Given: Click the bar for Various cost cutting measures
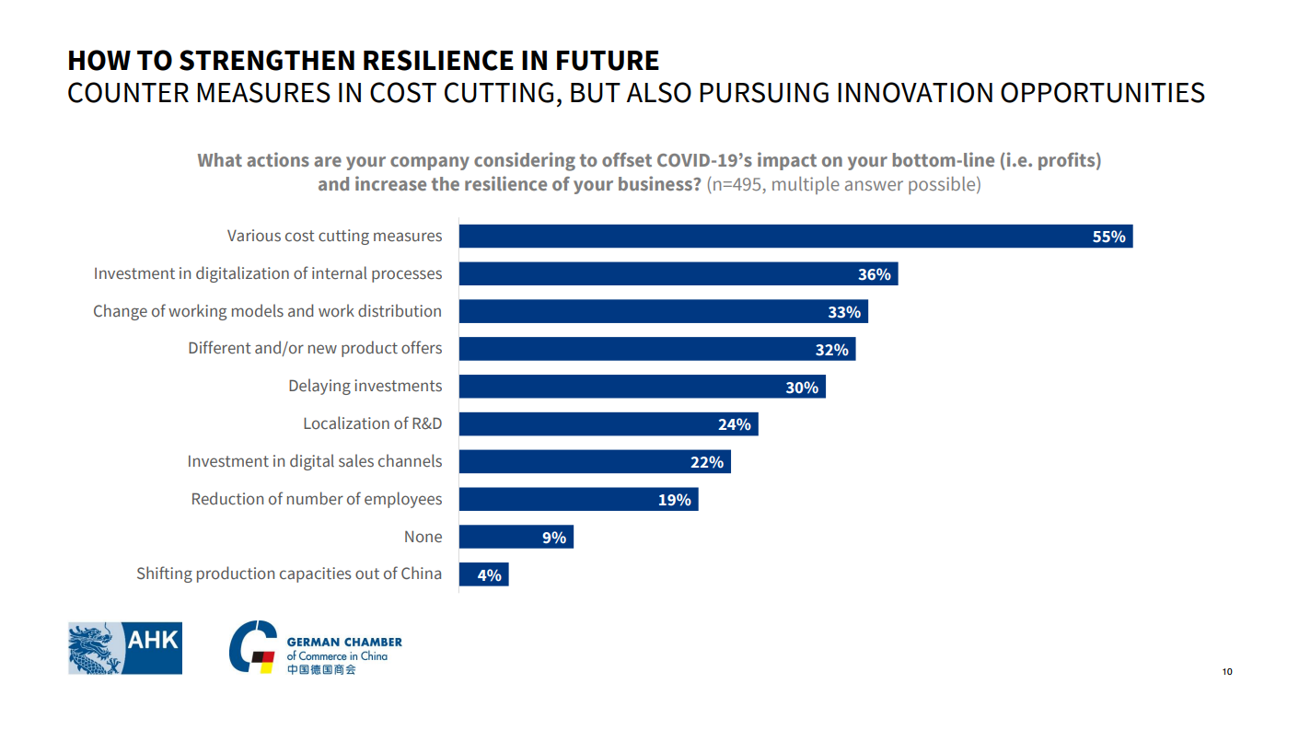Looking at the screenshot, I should pos(795,237).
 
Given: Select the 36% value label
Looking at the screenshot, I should pos(874,274).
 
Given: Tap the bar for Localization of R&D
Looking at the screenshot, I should pos(608,424).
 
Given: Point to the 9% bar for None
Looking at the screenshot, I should pos(516,537).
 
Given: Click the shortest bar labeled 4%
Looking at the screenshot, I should pos(483,574).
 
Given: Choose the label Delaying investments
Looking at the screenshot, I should pos(365,386).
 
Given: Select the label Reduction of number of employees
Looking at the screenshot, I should pos(316,499).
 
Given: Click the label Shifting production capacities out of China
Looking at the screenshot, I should pos(288,574).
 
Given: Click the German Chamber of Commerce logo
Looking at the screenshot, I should pos(315,648).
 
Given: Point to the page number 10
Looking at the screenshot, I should pos(1226,671).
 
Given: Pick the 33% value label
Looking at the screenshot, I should pos(843,312).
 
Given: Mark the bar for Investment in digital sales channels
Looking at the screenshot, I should pos(594,462).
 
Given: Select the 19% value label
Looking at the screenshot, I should pos(674,500).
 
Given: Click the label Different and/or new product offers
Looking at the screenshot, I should pos(315,348).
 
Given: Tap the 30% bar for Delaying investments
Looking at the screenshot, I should pos(642,387).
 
